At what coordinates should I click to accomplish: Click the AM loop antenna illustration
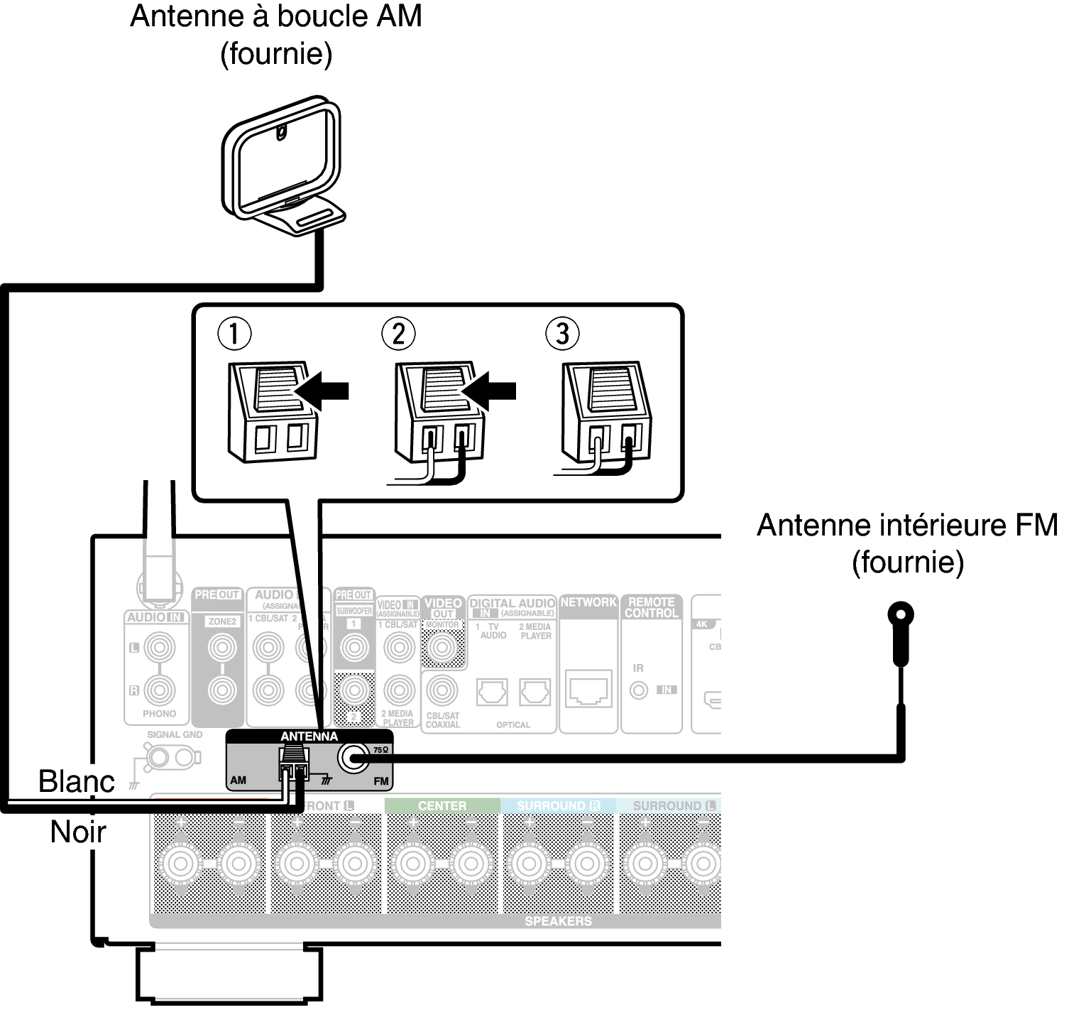(282, 167)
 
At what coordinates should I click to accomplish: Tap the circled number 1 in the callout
(234, 333)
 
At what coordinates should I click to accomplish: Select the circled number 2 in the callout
(398, 333)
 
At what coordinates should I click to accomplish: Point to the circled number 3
(562, 333)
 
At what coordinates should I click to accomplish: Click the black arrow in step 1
(324, 390)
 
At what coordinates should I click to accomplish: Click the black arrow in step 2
(490, 390)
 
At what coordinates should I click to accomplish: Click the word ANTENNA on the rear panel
(309, 737)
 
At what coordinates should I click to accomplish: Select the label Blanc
(76, 781)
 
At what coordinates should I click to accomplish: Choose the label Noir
(78, 832)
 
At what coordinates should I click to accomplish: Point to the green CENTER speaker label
(442, 805)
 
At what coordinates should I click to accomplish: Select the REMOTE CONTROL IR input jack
(640, 690)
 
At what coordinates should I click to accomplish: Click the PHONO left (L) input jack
(159, 648)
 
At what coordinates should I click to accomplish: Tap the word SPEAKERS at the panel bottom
(558, 921)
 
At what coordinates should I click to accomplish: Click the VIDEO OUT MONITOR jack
(443, 647)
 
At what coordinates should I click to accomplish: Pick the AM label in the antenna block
(239, 780)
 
